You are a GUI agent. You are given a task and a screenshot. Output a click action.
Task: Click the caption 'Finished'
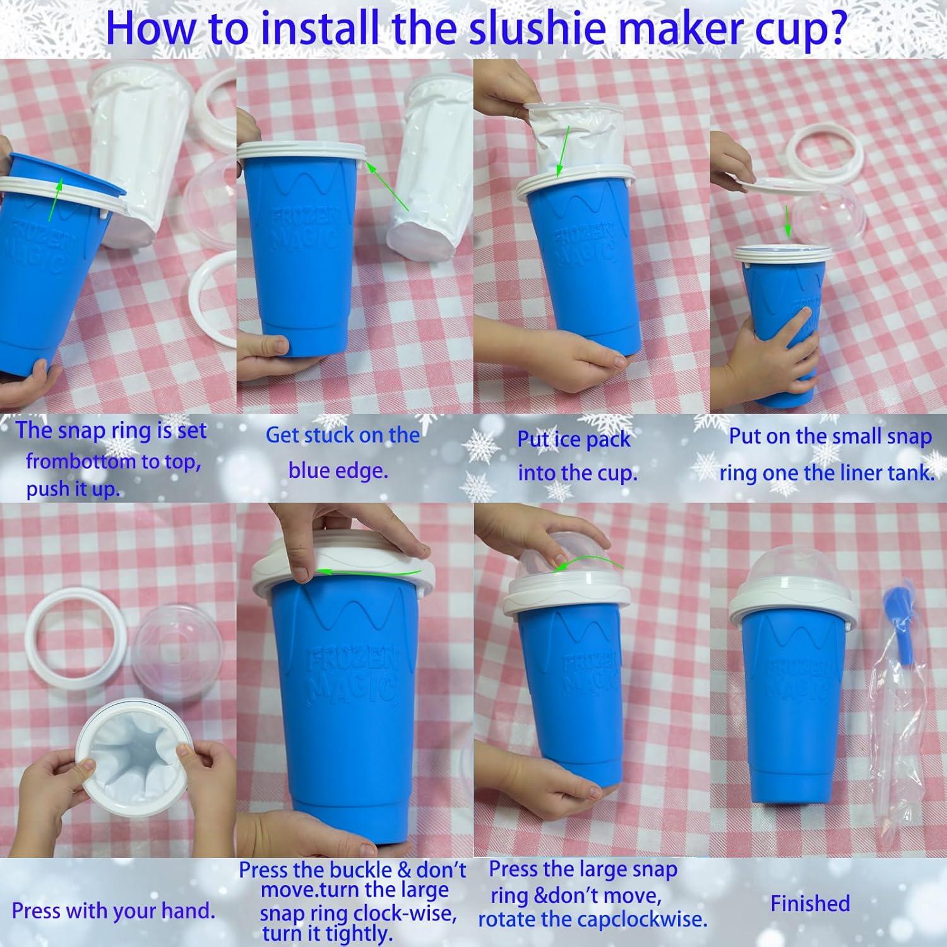(810, 903)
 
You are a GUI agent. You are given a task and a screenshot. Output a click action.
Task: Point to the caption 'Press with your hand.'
(114, 911)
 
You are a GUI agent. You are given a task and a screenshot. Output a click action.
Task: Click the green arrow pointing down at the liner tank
(787, 221)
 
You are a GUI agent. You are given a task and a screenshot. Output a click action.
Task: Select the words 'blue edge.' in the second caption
(338, 471)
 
